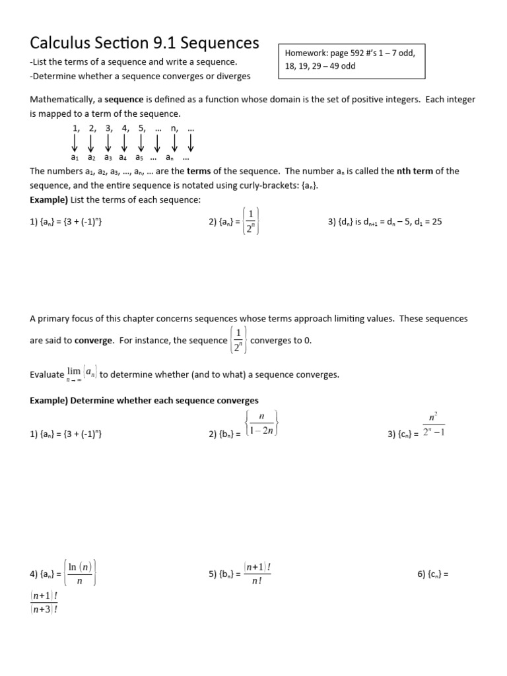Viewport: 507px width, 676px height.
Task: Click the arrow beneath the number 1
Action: pos(75,142)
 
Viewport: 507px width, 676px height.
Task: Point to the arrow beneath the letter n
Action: pos(174,142)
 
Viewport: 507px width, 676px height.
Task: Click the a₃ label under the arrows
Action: pos(108,158)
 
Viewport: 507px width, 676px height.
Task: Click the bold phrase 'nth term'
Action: pos(415,171)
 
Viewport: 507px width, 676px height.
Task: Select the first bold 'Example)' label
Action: pos(49,200)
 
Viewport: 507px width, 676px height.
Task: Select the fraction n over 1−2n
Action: pos(261,423)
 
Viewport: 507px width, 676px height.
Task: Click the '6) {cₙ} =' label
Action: pos(432,574)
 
